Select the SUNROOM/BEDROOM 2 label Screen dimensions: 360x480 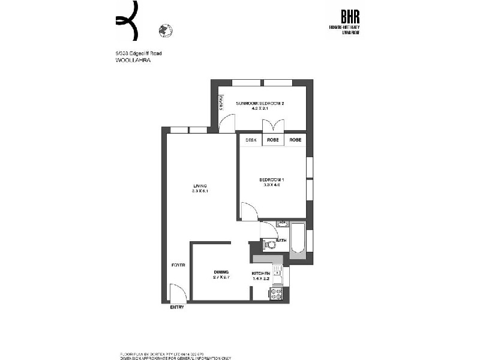point(259,104)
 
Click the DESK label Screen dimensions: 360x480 point(251,140)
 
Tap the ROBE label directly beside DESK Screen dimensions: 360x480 point(273,140)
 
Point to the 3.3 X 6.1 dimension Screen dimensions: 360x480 point(200,191)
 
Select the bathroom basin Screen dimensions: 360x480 point(282,224)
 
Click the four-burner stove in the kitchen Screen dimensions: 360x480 point(277,294)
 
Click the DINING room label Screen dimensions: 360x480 point(221,272)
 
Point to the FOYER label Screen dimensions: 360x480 point(178,265)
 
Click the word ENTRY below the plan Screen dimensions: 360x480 point(178,307)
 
